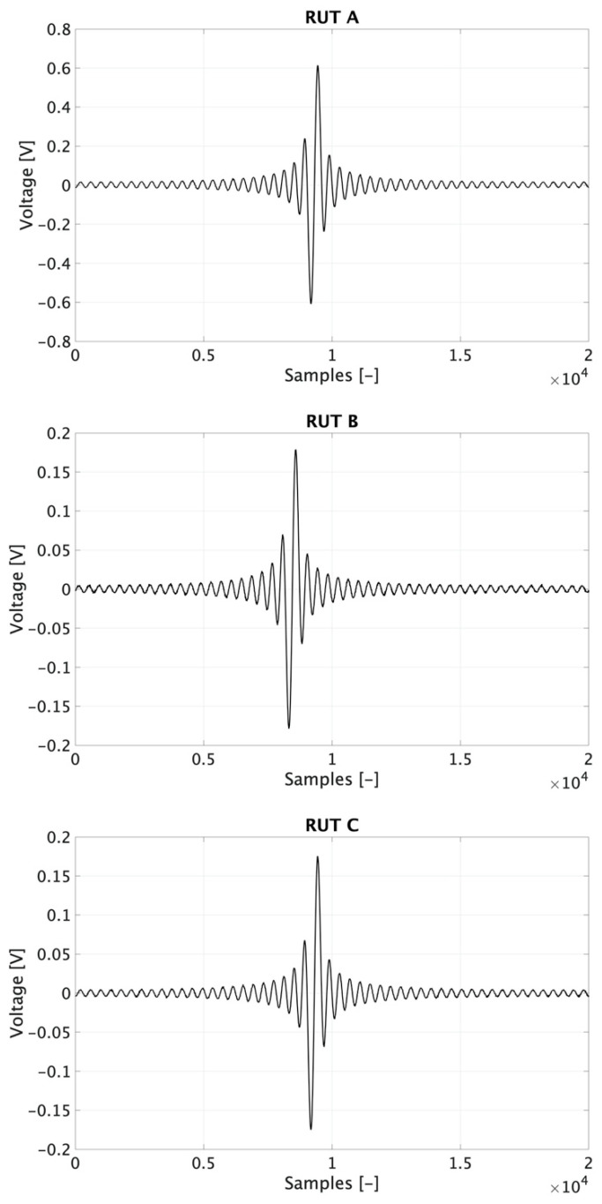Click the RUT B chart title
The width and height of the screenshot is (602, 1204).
click(331, 420)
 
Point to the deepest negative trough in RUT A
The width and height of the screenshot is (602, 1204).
click(310, 303)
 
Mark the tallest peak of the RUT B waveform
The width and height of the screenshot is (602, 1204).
click(295, 451)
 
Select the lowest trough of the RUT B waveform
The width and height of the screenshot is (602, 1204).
click(288, 728)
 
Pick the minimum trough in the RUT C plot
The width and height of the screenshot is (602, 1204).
click(310, 1128)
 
